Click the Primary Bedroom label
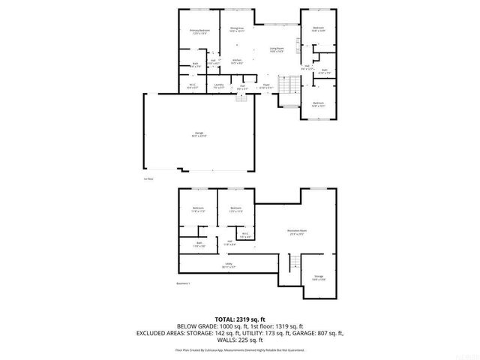(199, 31)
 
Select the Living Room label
(277, 50)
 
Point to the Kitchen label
(236, 62)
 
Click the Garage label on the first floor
(199, 135)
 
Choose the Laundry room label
(218, 87)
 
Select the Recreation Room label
(298, 232)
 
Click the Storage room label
(318, 278)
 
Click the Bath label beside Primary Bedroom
(196, 65)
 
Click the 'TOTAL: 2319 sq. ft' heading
(239, 319)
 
